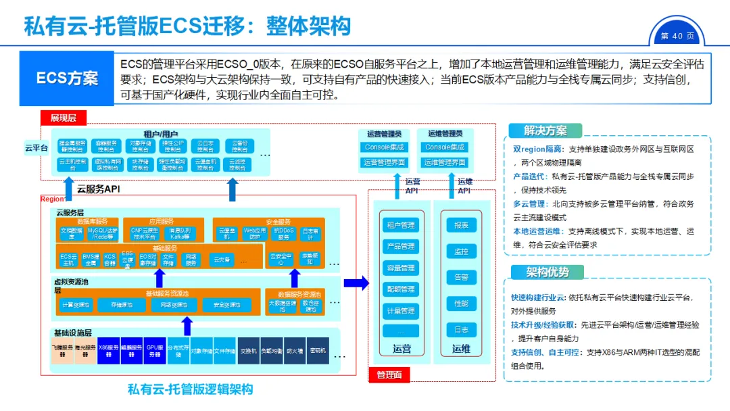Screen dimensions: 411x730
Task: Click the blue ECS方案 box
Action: (67, 78)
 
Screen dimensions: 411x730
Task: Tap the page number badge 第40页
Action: (677, 36)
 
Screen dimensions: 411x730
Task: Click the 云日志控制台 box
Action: (205, 147)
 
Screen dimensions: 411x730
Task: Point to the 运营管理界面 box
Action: (384, 162)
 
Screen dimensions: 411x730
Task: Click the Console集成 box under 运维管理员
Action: (444, 147)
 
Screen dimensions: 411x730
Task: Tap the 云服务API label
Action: (99, 189)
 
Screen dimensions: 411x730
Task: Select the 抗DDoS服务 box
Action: (285, 234)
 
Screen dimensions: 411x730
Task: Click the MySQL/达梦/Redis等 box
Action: (102, 234)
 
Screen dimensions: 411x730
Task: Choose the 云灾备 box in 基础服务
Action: (222, 259)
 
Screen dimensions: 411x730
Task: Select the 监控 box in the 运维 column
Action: (461, 251)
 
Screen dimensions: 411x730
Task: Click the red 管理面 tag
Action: (389, 374)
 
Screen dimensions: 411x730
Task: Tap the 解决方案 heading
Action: (545, 131)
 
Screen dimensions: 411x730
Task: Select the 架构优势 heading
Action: (548, 272)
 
